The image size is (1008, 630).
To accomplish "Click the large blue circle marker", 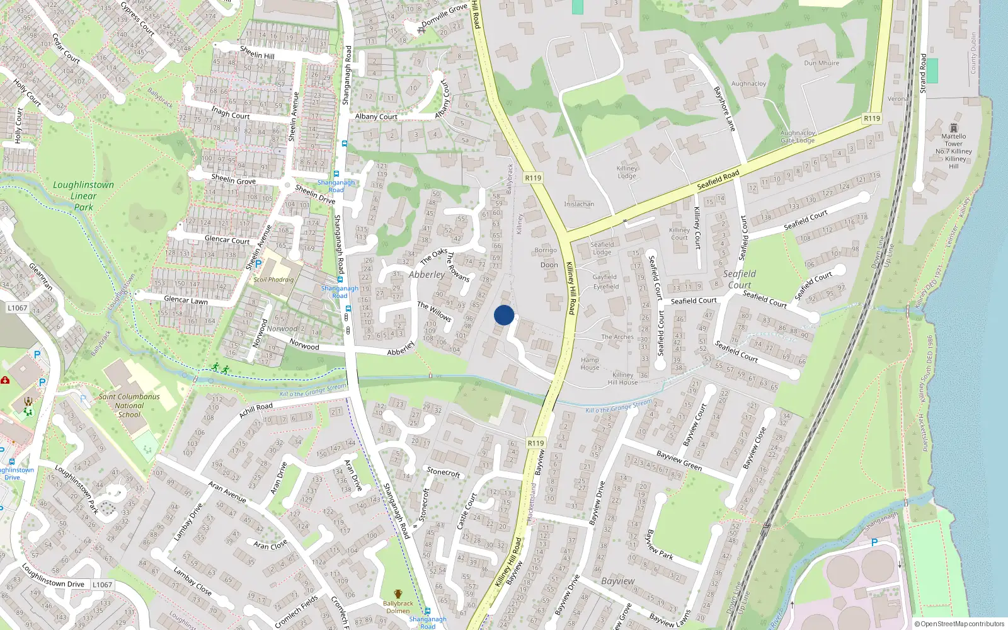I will [503, 315].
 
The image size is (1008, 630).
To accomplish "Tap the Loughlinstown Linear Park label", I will [83, 195].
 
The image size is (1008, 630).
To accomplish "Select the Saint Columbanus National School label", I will [129, 405].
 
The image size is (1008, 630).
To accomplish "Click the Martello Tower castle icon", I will [953, 128].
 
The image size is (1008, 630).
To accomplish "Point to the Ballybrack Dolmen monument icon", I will [398, 593].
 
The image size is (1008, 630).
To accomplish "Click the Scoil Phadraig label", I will [273, 279].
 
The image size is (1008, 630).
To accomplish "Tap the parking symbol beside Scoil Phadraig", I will [258, 264].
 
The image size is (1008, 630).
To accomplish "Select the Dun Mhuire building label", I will [822, 63].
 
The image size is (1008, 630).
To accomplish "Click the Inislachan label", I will [579, 204].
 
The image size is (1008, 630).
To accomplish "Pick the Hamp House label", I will [590, 364].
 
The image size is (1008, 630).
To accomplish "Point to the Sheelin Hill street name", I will [257, 52].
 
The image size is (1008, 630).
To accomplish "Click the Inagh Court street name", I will [231, 113].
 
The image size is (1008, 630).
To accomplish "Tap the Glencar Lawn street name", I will [186, 300].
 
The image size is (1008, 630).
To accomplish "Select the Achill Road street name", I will [256, 409].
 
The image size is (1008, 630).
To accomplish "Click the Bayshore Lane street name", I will [724, 108].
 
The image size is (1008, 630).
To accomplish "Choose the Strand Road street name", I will [924, 73].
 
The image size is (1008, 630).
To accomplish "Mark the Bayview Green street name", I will [679, 460].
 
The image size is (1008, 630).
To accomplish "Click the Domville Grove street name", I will [445, 15].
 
